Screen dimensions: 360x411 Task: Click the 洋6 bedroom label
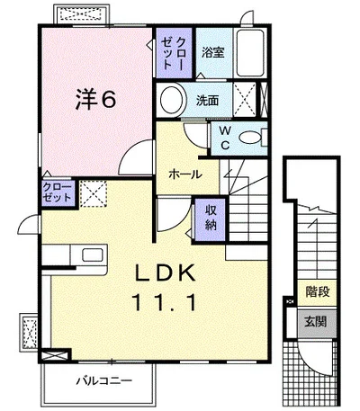(x=95, y=100)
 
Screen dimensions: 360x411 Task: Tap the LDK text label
(x=165, y=273)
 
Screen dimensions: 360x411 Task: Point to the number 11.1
(x=164, y=302)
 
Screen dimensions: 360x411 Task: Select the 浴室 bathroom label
(x=212, y=53)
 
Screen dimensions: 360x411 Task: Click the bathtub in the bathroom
(x=250, y=53)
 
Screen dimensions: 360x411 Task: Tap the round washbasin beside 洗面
(x=172, y=100)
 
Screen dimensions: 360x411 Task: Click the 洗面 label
(x=207, y=101)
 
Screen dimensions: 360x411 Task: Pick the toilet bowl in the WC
(x=251, y=138)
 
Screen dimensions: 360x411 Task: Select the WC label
(x=225, y=138)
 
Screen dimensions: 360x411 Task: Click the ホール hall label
(x=185, y=174)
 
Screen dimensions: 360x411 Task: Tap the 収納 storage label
(x=211, y=218)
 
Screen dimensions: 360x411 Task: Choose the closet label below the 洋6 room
(x=58, y=192)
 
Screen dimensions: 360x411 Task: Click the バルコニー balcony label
(x=103, y=381)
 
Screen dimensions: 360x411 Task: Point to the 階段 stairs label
(x=318, y=291)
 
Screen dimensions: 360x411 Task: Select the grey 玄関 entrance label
(x=315, y=322)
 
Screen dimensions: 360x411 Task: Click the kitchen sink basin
(x=93, y=255)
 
